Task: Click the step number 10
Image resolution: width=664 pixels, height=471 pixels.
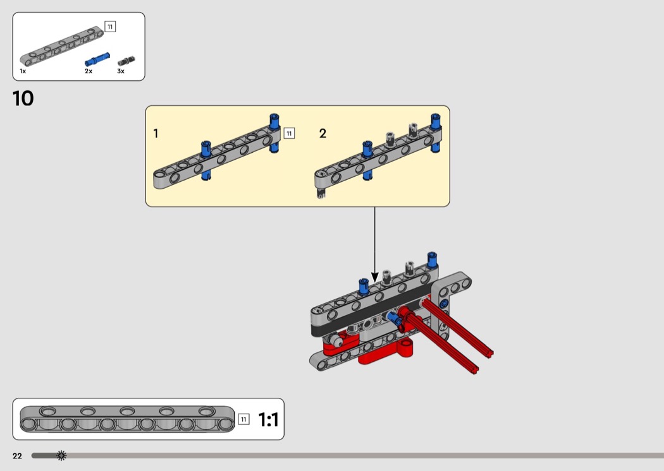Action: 23,98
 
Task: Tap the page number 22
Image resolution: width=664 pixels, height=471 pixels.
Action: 17,456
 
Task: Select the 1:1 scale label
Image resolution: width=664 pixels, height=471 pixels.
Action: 268,420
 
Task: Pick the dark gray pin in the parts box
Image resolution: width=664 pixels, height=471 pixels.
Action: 125,61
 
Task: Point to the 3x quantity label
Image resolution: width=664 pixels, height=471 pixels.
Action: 121,71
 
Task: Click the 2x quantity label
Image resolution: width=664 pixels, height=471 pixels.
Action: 89,71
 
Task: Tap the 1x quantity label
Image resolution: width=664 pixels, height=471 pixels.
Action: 23,71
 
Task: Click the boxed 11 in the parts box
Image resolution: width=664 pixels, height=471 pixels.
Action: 110,27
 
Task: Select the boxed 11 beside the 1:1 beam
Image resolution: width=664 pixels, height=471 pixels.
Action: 244,419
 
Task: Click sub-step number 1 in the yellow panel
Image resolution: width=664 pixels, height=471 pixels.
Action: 156,134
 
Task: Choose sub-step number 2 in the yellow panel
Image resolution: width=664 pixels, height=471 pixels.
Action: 323,134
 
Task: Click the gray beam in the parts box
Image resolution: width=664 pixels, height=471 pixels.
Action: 61,47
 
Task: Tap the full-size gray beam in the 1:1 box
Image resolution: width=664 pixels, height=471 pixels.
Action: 126,419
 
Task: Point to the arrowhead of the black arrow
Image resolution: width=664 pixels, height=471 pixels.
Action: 374,277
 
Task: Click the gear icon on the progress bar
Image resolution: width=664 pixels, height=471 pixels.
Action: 61,455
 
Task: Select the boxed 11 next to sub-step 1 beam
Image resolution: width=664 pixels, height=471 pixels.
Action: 289,133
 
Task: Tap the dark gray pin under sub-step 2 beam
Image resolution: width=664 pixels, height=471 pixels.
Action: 321,194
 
